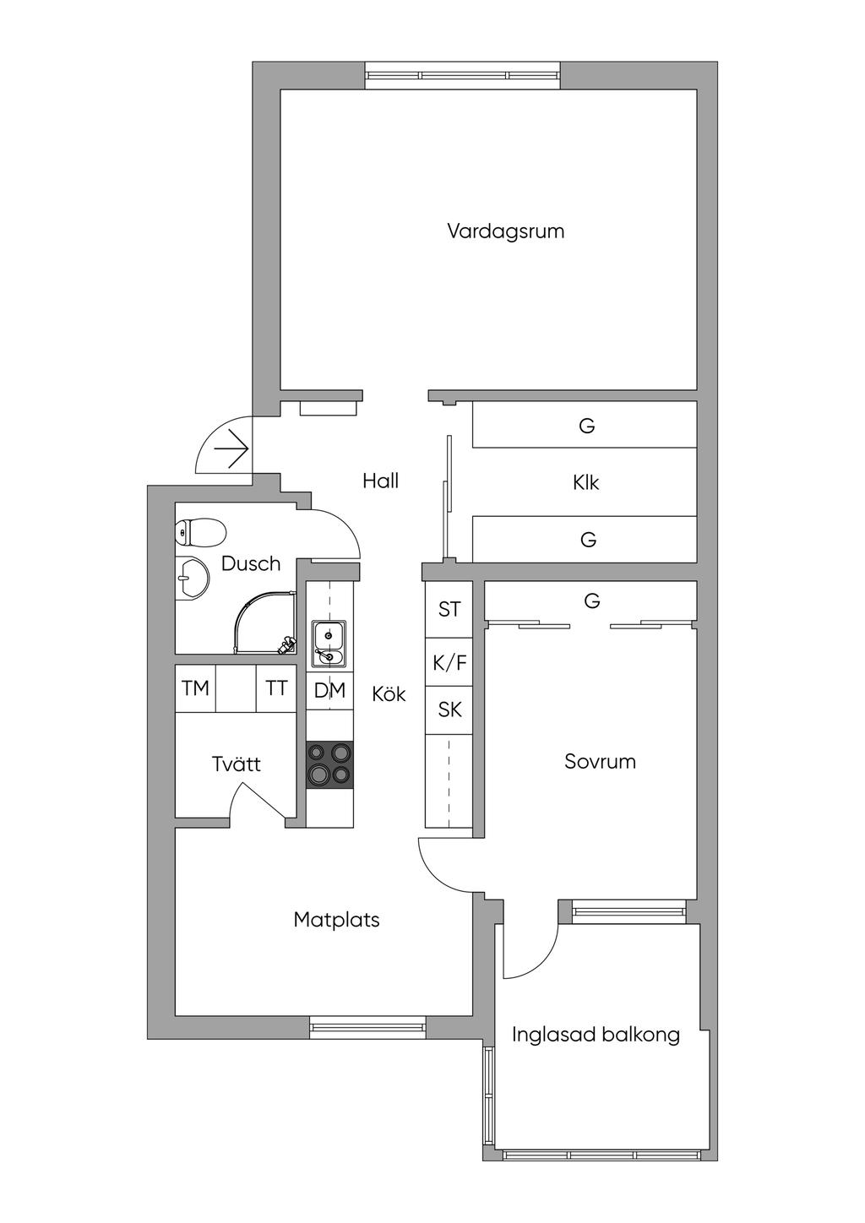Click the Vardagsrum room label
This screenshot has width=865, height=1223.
(505, 231)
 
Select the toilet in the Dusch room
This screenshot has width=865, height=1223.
(200, 532)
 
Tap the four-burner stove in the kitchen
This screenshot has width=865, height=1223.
(329, 764)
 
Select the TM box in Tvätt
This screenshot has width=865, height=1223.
(195, 688)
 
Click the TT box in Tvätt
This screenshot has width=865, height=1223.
(276, 688)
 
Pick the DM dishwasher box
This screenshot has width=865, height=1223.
(329, 690)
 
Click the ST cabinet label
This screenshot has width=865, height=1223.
(449, 609)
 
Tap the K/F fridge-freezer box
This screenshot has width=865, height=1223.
(449, 662)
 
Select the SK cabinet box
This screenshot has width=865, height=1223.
(449, 710)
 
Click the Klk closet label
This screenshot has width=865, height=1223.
(585, 482)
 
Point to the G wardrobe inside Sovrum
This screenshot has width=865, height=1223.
(591, 601)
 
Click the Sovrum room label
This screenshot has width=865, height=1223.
(600, 761)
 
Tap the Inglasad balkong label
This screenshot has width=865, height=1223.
(596, 1034)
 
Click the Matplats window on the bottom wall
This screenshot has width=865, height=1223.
(367, 1026)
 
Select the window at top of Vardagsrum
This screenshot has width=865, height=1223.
(463, 75)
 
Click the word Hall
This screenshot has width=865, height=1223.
(380, 481)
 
